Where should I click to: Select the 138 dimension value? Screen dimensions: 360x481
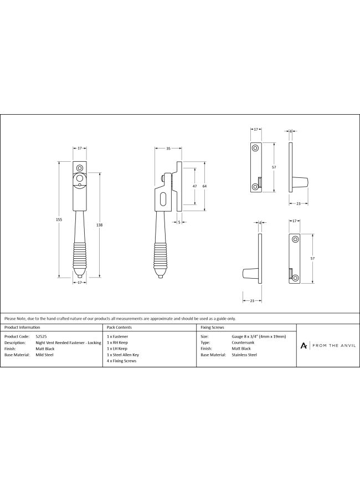[x=100, y=225]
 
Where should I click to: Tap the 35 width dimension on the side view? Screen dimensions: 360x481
[x=168, y=149]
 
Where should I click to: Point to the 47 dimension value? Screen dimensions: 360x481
[x=195, y=186]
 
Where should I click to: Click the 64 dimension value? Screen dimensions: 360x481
[x=205, y=186]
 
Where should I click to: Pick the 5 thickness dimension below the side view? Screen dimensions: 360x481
[x=179, y=222]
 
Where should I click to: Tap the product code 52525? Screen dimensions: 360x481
[x=42, y=336]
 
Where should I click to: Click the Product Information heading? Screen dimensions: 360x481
[x=22, y=328]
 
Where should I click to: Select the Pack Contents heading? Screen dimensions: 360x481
[x=119, y=328]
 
